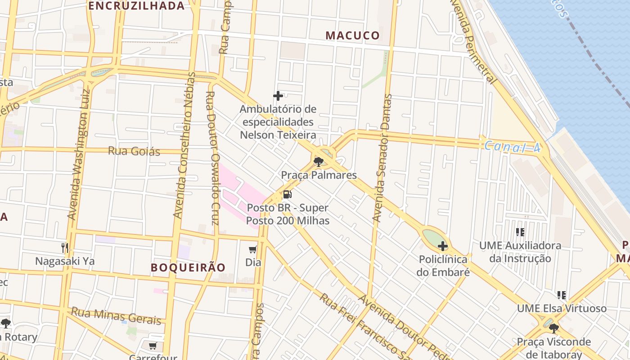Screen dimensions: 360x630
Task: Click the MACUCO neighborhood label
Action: [x=352, y=36]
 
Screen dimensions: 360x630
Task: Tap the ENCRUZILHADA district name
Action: [x=136, y=6]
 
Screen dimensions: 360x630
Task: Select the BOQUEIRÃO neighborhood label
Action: [x=188, y=267]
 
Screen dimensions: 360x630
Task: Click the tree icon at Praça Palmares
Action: [x=319, y=162]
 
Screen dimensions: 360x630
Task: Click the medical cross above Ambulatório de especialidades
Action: [x=278, y=96]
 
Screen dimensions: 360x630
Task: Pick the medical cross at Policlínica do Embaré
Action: [x=443, y=246]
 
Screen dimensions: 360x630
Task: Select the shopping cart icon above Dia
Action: [x=253, y=249]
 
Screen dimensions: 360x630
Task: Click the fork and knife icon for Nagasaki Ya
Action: [x=65, y=247]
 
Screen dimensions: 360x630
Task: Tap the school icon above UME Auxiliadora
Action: [x=520, y=232]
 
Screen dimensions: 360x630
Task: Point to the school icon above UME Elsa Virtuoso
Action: [x=561, y=295]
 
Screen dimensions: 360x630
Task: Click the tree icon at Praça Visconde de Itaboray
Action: [x=554, y=328]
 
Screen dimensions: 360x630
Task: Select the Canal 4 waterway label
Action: [x=512, y=147]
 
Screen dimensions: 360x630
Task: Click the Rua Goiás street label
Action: [x=134, y=151]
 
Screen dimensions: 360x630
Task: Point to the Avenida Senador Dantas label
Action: [x=383, y=158]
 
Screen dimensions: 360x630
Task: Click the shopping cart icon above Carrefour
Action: [x=153, y=346]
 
